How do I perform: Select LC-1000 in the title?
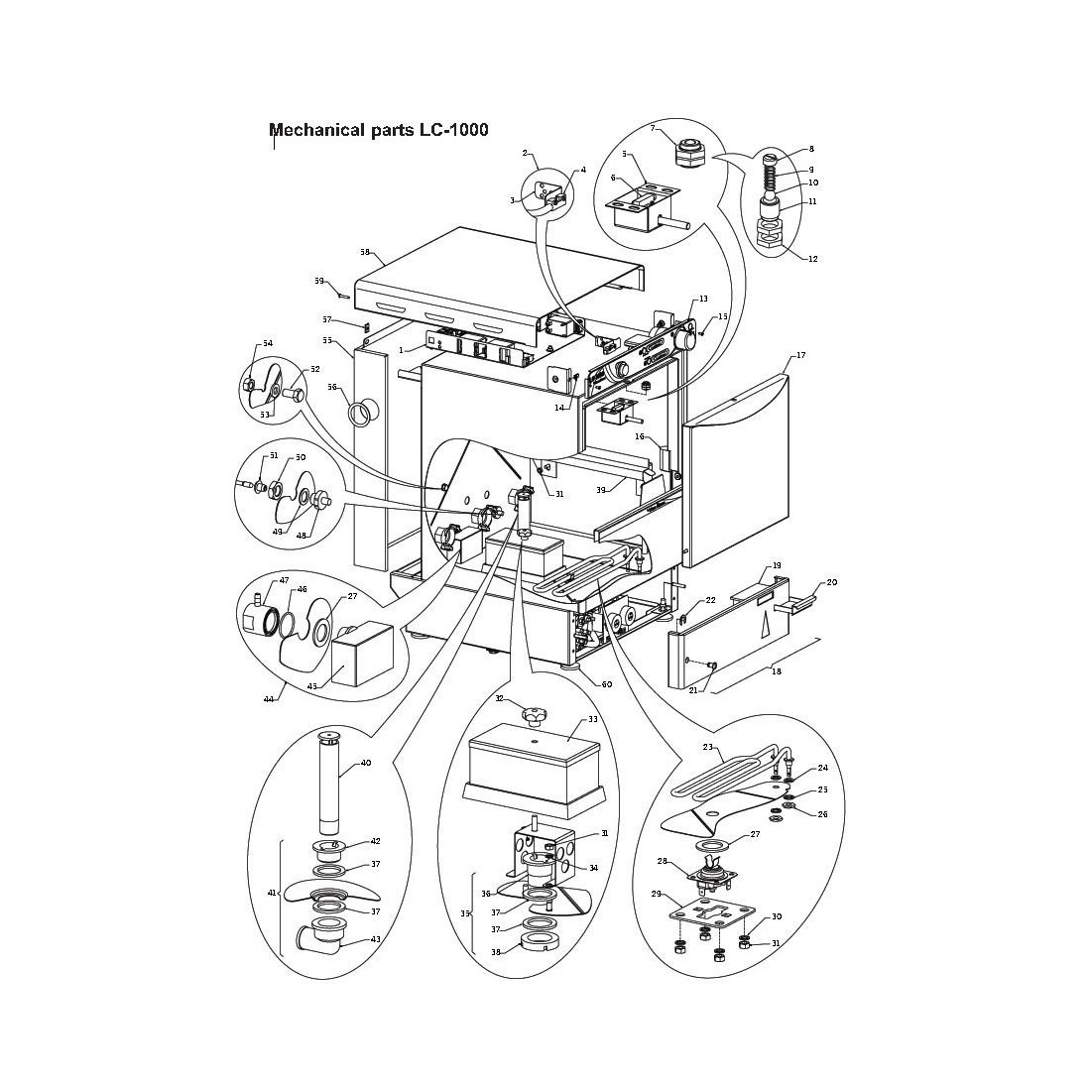[452, 130]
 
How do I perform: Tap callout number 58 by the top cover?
[365, 253]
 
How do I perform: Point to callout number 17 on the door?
[800, 355]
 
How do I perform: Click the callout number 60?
[607, 684]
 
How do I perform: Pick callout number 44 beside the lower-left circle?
[269, 700]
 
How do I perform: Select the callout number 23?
[708, 748]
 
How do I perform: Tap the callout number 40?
[366, 763]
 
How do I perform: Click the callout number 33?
[593, 718]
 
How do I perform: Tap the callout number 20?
[831, 582]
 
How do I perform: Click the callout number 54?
[267, 343]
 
